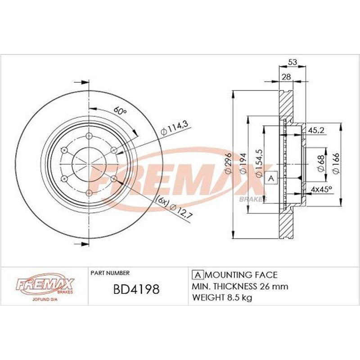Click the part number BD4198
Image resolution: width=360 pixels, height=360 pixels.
click(136, 289)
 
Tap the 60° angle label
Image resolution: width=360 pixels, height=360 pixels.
click(120, 111)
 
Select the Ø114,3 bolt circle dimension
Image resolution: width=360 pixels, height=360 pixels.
click(175, 128)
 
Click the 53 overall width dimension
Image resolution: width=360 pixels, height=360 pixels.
click(292, 62)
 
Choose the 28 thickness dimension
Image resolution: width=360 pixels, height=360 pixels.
click(286, 76)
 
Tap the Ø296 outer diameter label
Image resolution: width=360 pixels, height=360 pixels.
click(229, 163)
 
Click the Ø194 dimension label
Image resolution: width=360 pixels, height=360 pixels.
click(243, 163)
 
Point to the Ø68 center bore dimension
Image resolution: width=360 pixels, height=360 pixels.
click(321, 163)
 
